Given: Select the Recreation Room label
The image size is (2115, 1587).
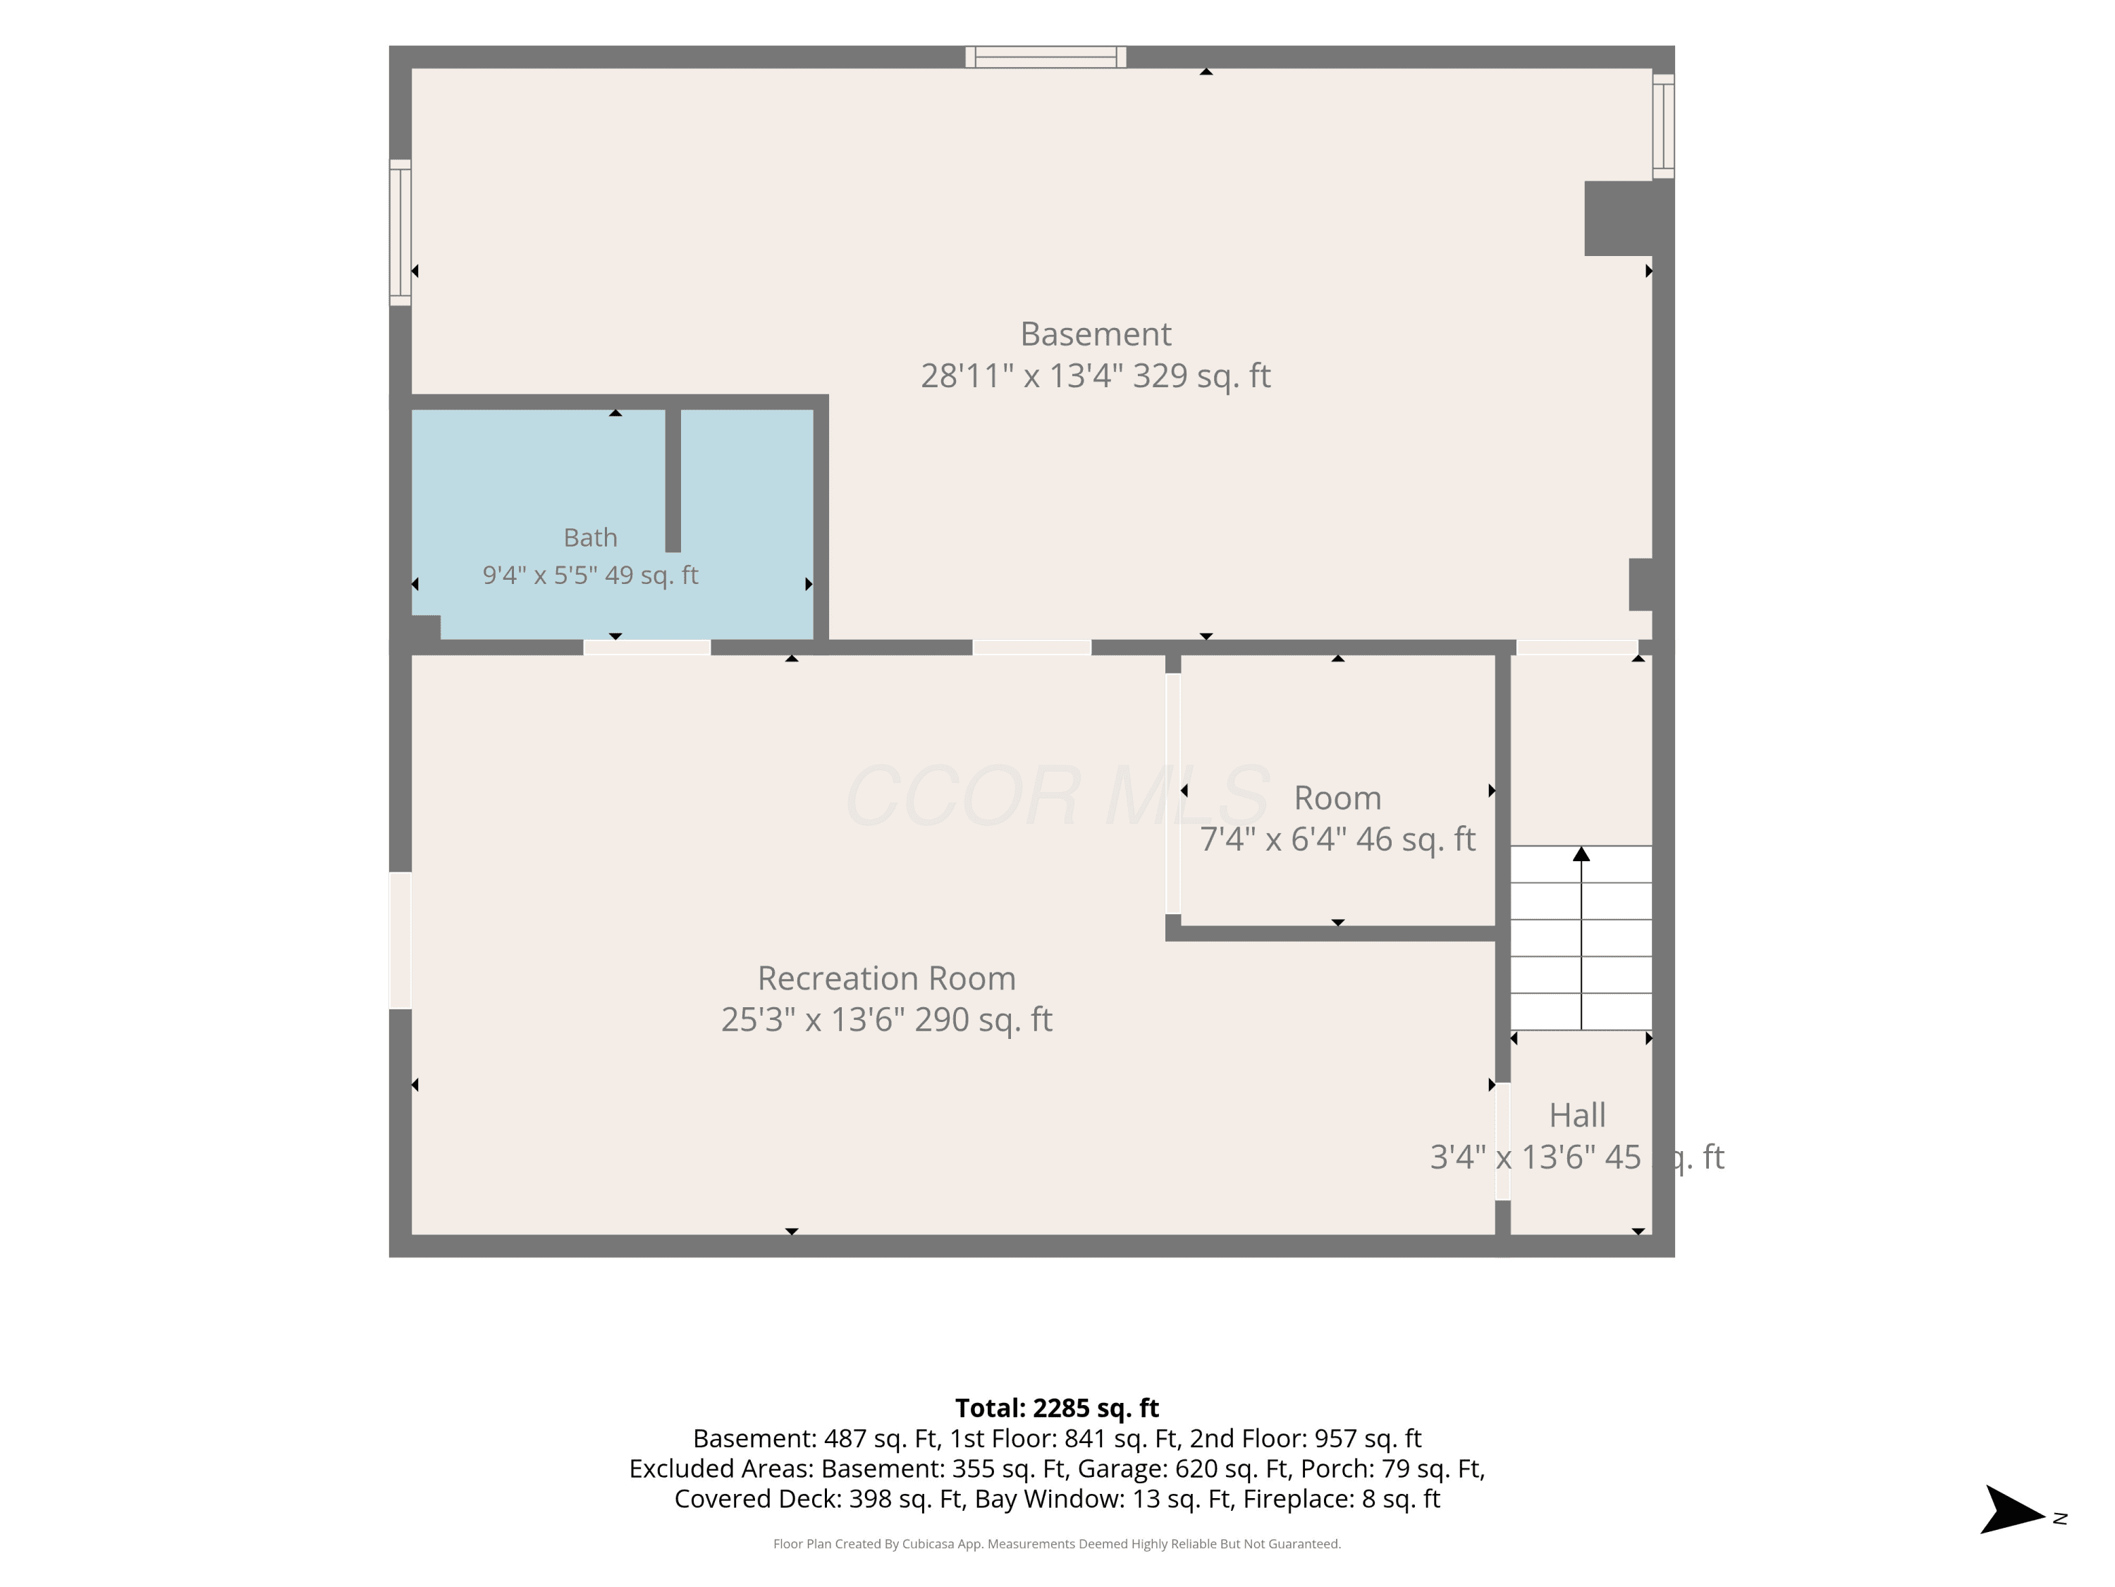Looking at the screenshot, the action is coord(886,978).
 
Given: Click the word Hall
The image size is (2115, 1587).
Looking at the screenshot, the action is coord(1576,1115).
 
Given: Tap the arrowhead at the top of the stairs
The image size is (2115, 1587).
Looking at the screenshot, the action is coord(1581,853).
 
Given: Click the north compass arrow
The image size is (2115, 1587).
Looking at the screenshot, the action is coord(2012,1509).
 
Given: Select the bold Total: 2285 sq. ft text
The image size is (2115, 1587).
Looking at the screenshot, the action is coord(1057,1408).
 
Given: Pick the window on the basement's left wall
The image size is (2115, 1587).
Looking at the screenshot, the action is coord(400,233).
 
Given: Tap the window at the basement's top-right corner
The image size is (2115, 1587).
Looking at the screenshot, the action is coord(1664,126).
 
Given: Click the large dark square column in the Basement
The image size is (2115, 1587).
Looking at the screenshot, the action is coord(1619,218).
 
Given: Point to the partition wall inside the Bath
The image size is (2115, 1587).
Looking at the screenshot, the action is coord(673,480).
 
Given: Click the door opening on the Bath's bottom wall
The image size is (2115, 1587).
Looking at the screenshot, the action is coord(647,647).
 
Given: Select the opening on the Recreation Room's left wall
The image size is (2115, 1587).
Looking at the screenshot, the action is coord(400,940).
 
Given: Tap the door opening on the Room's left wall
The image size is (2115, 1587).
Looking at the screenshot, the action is coord(1173,794).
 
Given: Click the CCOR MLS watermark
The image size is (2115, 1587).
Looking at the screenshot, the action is coord(1057,796).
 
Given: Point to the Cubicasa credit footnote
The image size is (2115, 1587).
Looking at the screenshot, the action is coord(1057,1543).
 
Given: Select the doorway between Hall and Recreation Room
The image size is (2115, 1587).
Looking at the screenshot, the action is coord(1503,1141).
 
